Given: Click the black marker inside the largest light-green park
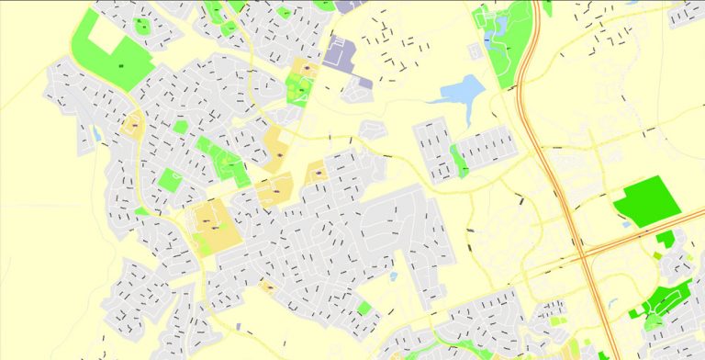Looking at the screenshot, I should (x=120, y=66).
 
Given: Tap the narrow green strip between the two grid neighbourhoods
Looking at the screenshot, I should (x=458, y=162).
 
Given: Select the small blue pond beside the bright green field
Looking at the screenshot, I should (x=626, y=223).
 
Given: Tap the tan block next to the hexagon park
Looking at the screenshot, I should (x=134, y=126).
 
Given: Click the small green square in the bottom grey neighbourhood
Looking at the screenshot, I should (x=365, y=309).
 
